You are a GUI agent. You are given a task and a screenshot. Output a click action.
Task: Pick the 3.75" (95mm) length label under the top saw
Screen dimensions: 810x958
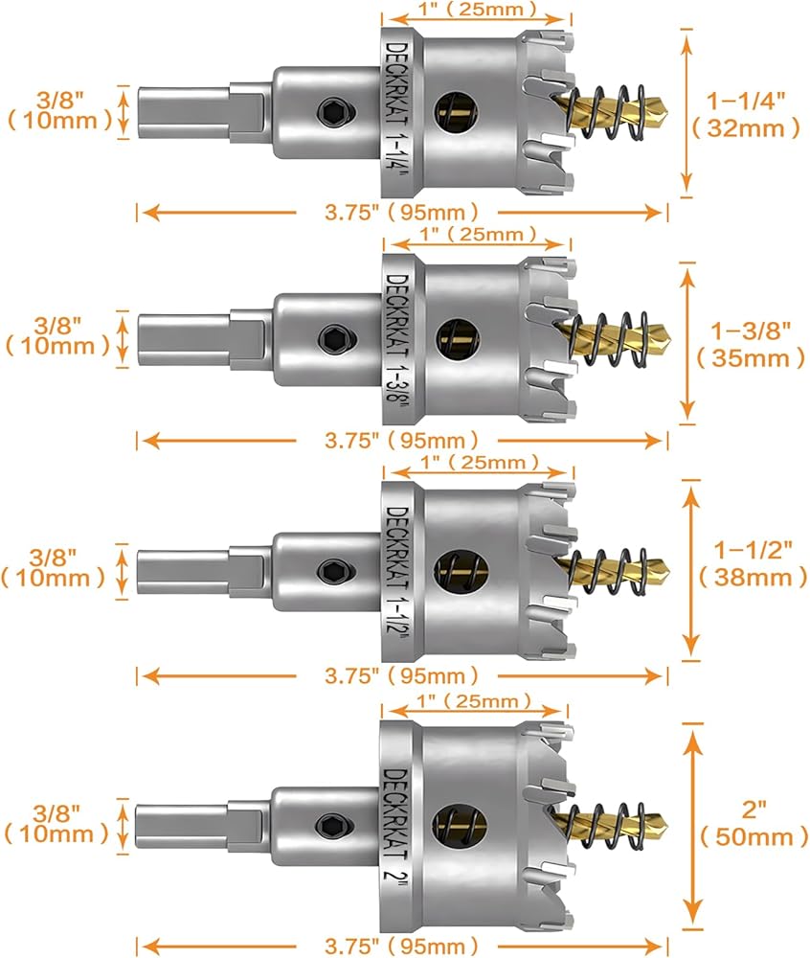pyautogui.click(x=400, y=212)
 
